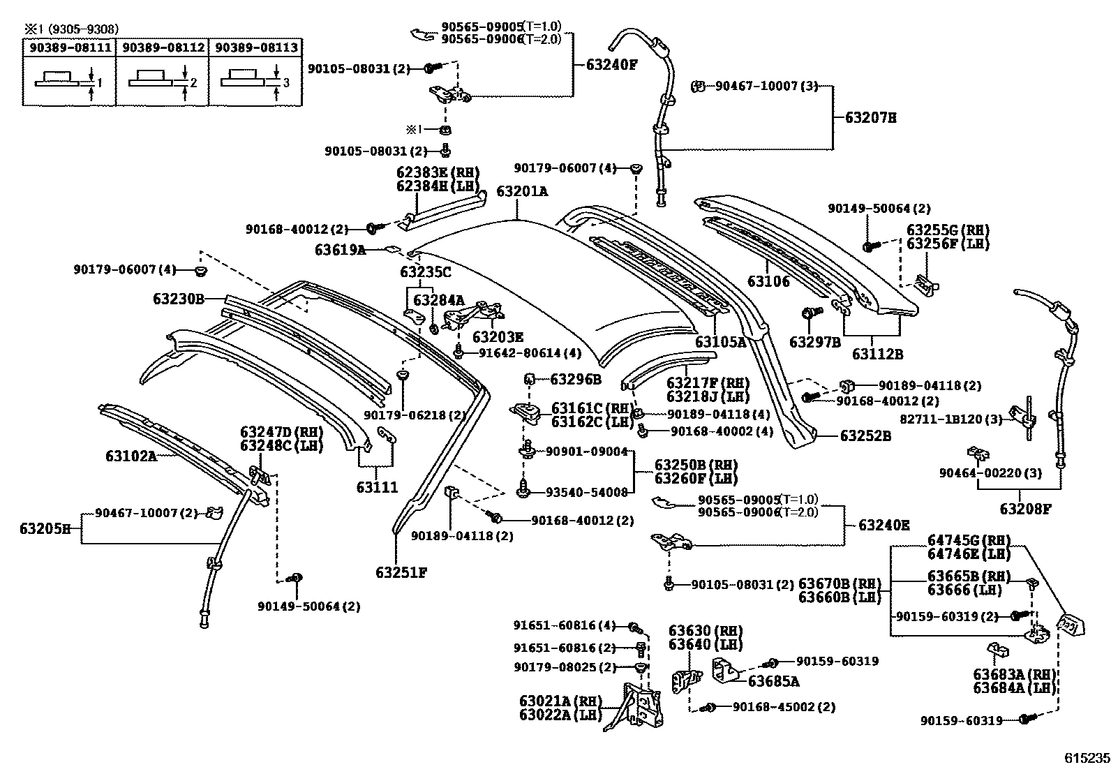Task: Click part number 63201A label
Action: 522,191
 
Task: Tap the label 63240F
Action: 611,65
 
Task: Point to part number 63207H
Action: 870,118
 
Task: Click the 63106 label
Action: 768,281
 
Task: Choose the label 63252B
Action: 865,435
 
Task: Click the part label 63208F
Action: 1024,509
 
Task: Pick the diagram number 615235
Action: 1086,757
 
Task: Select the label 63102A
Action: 131,456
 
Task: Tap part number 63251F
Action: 401,572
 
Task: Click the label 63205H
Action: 45,528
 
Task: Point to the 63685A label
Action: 773,680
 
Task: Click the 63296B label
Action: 575,379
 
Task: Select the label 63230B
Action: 179,299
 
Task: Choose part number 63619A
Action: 340,249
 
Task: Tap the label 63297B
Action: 814,342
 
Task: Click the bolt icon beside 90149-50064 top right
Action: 868,246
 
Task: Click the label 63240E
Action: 883,526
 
